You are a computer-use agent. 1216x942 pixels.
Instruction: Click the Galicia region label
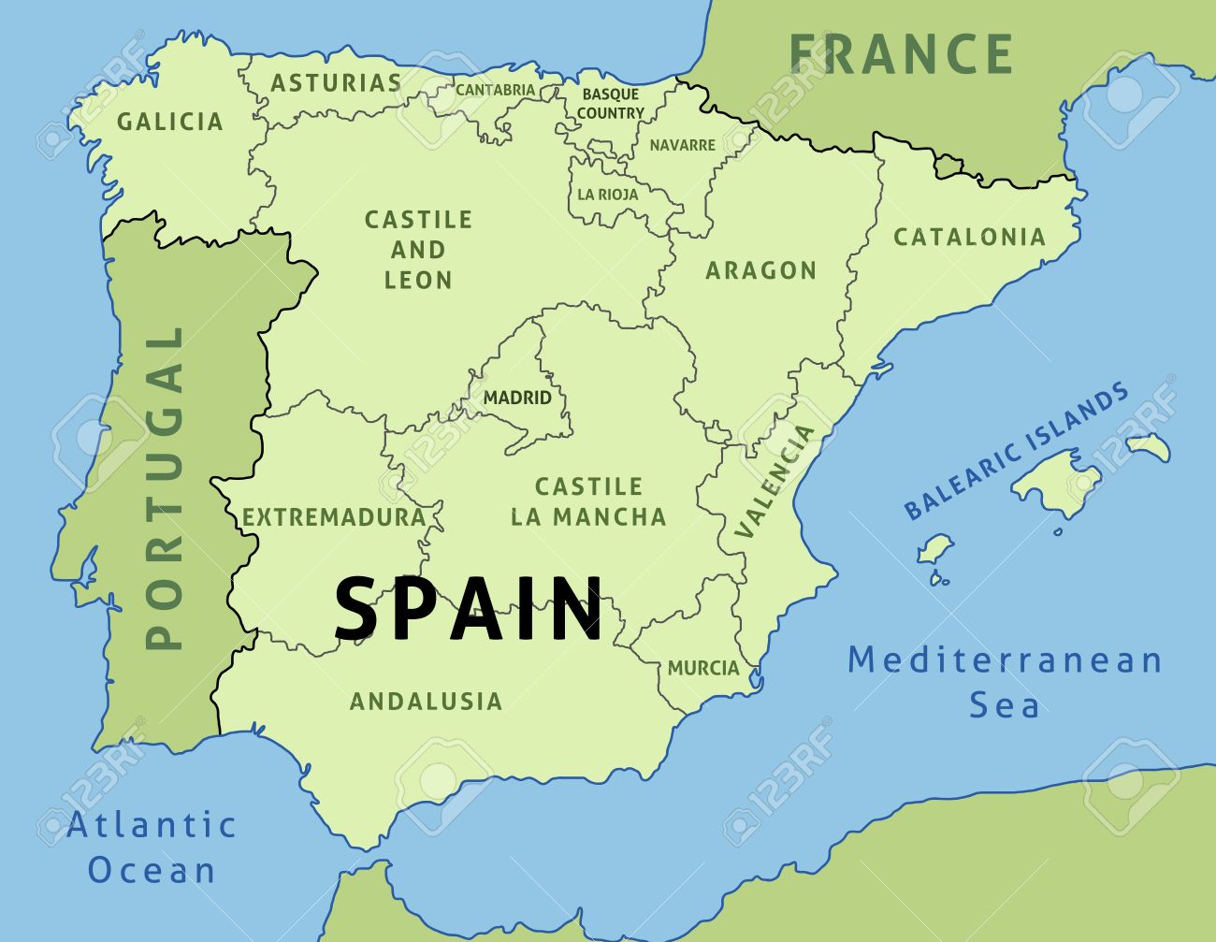[x=170, y=122]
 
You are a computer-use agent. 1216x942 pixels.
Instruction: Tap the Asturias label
[x=336, y=83]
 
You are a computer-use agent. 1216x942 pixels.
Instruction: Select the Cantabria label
[x=495, y=90]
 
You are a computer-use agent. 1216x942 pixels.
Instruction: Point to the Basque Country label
[x=610, y=104]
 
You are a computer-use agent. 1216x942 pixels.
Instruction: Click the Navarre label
[x=682, y=145]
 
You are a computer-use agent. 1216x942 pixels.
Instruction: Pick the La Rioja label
[x=607, y=195]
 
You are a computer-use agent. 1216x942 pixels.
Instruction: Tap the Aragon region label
[x=760, y=270]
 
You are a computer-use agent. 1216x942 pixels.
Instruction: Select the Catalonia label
[x=969, y=237]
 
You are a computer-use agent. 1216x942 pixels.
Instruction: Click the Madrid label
[x=517, y=398]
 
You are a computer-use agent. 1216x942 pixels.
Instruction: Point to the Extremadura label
[x=334, y=517]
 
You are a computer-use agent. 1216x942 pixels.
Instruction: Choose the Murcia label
[x=702, y=668]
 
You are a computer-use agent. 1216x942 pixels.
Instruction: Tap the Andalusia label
[x=426, y=701]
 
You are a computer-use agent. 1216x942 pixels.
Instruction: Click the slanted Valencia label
[x=774, y=482]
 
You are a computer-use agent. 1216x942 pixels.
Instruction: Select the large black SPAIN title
[x=469, y=609]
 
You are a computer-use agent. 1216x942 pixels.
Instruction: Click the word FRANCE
[x=901, y=54]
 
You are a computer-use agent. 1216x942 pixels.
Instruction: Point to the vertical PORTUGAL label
[x=165, y=486]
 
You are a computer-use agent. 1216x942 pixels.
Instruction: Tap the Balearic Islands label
[x=1016, y=452]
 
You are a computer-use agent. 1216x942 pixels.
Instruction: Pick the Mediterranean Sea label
[x=1005, y=682]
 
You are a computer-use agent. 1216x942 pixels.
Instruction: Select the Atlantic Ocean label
[x=152, y=848]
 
